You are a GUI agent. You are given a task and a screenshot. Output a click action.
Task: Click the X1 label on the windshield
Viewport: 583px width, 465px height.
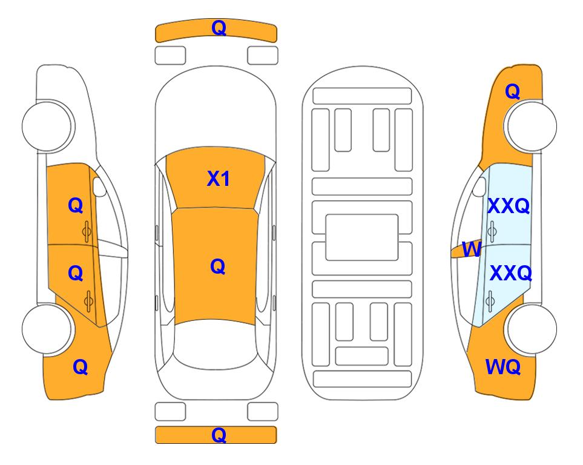219,179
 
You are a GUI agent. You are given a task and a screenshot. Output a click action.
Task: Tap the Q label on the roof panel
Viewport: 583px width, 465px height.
218,266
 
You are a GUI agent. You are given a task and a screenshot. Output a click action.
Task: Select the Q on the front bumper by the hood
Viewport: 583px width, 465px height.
219,28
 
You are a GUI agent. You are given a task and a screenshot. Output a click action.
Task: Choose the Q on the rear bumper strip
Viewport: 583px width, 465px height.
219,435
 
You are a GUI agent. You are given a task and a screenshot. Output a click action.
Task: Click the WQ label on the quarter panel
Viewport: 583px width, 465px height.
502,367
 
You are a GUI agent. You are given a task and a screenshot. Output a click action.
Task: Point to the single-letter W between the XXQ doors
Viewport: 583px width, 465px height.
472,249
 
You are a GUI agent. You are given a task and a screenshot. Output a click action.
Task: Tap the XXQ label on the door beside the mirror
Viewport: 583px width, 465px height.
509,206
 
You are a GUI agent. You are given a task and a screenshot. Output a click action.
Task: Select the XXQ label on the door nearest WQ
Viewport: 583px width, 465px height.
510,273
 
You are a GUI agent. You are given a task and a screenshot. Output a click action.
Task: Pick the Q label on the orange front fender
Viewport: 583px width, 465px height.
512,91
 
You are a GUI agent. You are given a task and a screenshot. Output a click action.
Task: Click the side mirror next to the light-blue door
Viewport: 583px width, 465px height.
479,186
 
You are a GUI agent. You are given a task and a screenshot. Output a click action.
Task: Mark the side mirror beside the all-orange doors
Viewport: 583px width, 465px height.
99,186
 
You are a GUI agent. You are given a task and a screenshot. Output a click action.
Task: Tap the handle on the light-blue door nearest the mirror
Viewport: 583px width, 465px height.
492,231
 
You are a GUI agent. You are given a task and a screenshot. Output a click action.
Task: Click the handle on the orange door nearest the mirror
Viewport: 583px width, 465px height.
87,231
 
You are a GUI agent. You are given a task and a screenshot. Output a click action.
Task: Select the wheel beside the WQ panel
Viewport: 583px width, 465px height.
532,329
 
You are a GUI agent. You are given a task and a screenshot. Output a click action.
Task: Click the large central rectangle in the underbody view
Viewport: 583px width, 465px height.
362,237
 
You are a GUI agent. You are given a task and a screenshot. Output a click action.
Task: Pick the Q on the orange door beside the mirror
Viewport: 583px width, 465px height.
76,205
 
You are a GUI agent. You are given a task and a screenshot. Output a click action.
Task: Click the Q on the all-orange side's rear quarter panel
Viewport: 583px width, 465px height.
81,367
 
